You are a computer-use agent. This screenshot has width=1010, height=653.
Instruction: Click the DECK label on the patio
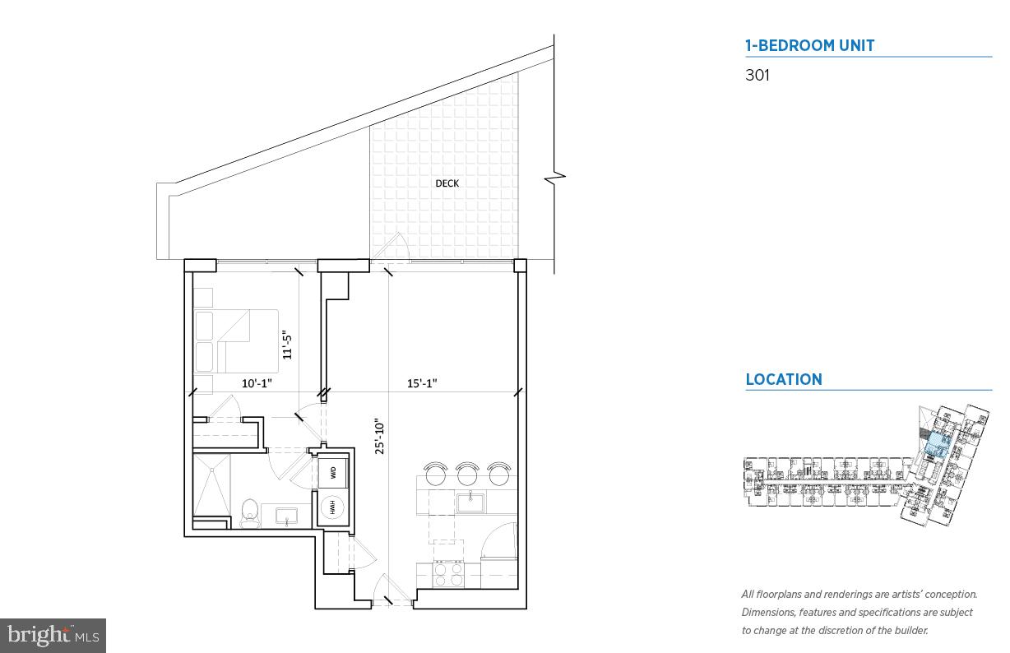(x=447, y=183)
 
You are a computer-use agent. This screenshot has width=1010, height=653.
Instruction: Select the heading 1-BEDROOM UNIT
(x=809, y=46)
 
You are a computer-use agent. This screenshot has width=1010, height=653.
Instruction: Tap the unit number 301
(x=757, y=76)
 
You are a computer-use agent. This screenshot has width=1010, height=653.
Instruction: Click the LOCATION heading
(x=783, y=380)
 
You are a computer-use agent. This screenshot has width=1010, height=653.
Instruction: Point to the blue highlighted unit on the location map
(x=936, y=446)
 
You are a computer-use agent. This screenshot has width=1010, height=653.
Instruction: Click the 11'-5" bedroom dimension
(x=288, y=345)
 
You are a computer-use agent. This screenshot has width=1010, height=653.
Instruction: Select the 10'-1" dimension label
(x=256, y=383)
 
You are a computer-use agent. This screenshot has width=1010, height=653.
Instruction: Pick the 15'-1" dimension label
(x=422, y=383)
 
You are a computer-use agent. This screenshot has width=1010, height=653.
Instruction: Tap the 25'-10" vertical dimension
(x=379, y=437)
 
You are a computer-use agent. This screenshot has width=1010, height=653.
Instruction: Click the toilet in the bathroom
(x=250, y=512)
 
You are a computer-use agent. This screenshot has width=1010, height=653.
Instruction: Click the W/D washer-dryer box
(x=333, y=472)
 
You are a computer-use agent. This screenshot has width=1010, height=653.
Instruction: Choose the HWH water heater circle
(x=333, y=507)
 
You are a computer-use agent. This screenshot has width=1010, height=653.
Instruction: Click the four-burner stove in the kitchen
(x=447, y=573)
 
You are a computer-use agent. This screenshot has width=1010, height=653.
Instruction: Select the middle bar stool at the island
(x=467, y=475)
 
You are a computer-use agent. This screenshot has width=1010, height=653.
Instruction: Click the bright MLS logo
(x=53, y=635)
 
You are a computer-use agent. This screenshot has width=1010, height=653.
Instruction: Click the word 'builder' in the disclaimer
(x=909, y=631)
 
